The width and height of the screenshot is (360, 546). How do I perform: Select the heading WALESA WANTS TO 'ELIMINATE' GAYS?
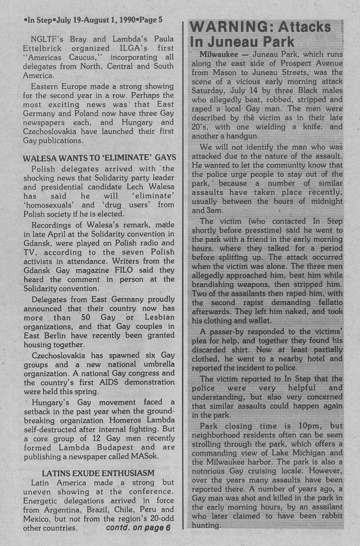[99, 158]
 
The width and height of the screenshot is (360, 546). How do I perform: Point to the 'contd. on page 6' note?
[138, 528]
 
